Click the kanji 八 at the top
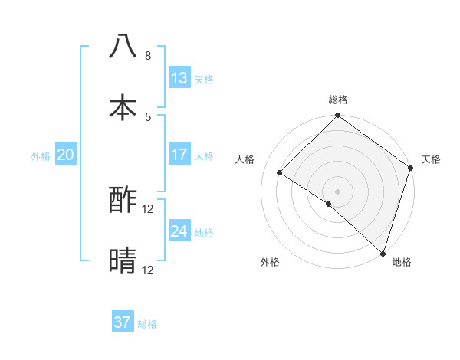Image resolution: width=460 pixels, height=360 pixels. click(123, 47)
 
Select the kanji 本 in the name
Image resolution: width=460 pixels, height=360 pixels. click(123, 108)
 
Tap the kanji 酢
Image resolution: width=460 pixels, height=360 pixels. click(123, 201)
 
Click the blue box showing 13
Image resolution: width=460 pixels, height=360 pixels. click(179, 78)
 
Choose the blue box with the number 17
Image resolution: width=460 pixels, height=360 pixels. click(179, 155)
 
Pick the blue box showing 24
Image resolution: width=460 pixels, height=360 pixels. click(179, 231)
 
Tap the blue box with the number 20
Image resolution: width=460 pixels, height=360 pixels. click(65, 155)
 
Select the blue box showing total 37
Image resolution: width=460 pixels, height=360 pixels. click(123, 322)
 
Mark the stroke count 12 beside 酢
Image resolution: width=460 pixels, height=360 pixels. click(148, 209)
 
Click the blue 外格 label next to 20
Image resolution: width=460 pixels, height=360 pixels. click(41, 155)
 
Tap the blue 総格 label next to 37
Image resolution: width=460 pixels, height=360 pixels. click(147, 323)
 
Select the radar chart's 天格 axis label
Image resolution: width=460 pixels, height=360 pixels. click(431, 159)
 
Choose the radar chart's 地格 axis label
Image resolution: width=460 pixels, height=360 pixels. click(402, 262)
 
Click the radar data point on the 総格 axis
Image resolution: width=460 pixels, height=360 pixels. click(337, 116)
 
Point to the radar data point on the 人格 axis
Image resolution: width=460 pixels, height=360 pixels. click(280, 173)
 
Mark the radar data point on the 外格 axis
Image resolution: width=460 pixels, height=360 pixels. click(329, 204)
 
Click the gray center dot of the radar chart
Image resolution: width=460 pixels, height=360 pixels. click(337, 191)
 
